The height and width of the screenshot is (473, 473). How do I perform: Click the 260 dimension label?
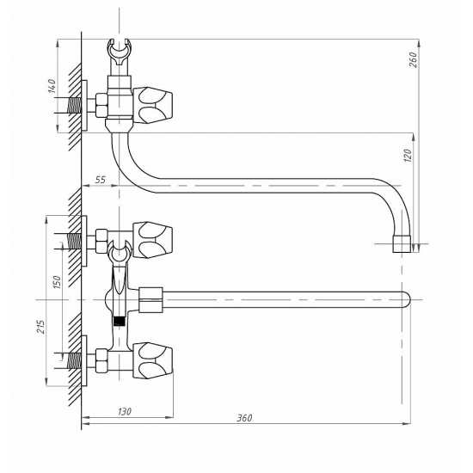tap(414, 59)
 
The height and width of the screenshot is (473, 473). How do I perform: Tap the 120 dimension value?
tap(408, 156)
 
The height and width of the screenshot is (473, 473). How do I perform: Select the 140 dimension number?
tap(52, 86)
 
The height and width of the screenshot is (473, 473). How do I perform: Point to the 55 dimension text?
tap(100, 180)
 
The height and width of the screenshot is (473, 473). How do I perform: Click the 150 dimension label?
tap(57, 282)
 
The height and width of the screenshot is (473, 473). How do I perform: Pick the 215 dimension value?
tap(40, 326)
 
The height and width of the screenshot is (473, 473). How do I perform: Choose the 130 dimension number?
tap(125, 411)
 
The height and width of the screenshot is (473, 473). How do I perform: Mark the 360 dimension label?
tap(244, 418)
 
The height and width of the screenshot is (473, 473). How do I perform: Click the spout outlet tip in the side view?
tap(402, 244)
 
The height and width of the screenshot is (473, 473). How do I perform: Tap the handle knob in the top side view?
tap(152, 105)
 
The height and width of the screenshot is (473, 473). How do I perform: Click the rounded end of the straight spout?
tap(406, 300)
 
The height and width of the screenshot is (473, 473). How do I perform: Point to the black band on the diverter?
tap(120, 321)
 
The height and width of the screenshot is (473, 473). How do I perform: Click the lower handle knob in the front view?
tap(152, 360)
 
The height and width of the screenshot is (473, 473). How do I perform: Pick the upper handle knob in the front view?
tap(152, 240)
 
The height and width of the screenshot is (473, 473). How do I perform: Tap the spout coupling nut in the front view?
tap(150, 299)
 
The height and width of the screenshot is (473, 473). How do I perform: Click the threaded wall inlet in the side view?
tap(75, 106)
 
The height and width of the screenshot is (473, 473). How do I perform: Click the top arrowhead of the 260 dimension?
tap(419, 43)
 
